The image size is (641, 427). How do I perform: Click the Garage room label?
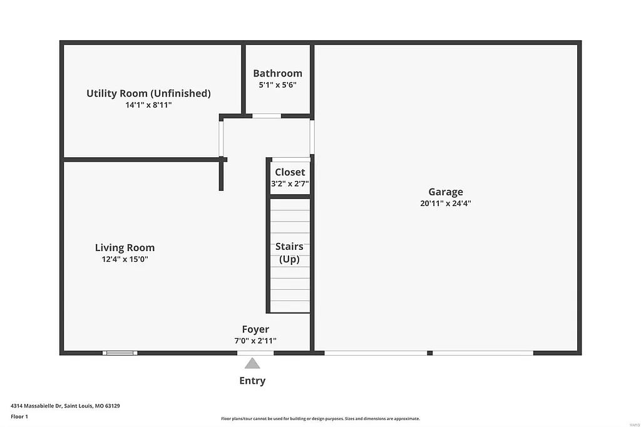click(x=445, y=192)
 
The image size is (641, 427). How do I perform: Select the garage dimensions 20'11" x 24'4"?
click(x=445, y=203)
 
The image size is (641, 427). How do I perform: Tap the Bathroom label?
click(x=277, y=73)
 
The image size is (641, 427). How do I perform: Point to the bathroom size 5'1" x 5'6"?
click(x=277, y=85)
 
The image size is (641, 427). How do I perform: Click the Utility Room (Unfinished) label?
click(x=148, y=93)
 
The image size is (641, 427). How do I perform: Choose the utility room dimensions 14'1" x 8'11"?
click(x=148, y=105)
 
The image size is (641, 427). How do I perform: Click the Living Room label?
click(x=125, y=247)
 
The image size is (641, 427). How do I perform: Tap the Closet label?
click(x=290, y=172)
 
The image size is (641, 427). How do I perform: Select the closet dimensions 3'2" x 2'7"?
click(x=290, y=184)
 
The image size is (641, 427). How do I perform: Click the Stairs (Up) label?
click(x=289, y=252)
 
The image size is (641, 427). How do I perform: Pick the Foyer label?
click(x=255, y=329)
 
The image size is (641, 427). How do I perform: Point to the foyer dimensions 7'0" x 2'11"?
click(x=255, y=341)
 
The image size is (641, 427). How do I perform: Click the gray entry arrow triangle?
click(x=252, y=363)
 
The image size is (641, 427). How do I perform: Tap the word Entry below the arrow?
click(x=252, y=381)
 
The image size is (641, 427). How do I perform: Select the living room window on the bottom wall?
click(x=120, y=353)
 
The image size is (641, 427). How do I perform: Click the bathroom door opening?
click(x=266, y=116)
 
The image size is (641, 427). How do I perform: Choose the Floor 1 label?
click(x=19, y=416)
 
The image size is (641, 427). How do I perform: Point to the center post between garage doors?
click(x=430, y=353)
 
